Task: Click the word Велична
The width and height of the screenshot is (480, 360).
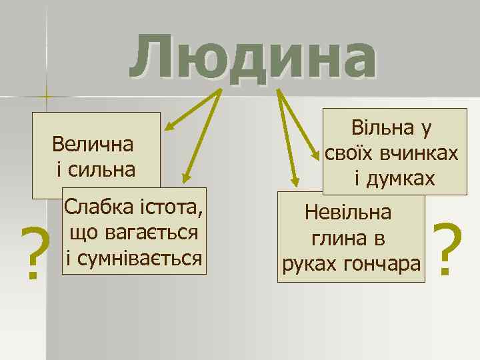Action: click(x=93, y=144)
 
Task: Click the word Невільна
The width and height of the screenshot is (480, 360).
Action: click(x=349, y=213)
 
